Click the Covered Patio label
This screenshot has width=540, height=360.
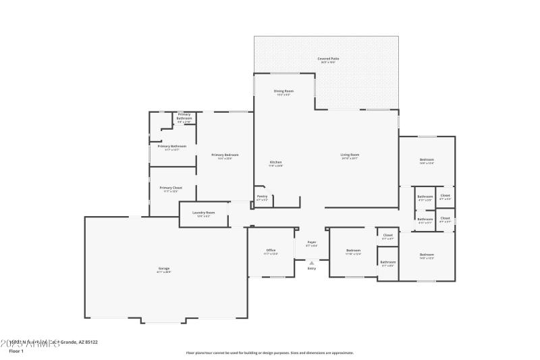[328, 59]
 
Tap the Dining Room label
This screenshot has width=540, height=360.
[283, 91]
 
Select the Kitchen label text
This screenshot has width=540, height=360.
[275, 162]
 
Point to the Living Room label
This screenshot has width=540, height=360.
[350, 155]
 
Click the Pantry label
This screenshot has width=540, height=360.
[262, 197]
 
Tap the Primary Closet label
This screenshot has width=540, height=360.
[171, 188]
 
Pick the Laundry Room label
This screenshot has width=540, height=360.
[203, 213]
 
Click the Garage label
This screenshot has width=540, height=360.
[164, 269]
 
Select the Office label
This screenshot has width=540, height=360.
[271, 251]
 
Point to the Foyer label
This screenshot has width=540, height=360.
[312, 242]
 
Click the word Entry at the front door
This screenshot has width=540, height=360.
[312, 268]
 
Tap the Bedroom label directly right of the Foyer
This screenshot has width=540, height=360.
[353, 251]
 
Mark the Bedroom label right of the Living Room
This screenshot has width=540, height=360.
[427, 159]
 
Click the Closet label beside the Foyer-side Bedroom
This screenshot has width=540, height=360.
[388, 236]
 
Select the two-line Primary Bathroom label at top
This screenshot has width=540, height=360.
[184, 116]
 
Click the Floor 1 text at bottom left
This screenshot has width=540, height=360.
[16, 351]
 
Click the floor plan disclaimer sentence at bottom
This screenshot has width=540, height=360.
[269, 353]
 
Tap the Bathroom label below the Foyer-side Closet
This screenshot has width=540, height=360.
[388, 262]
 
